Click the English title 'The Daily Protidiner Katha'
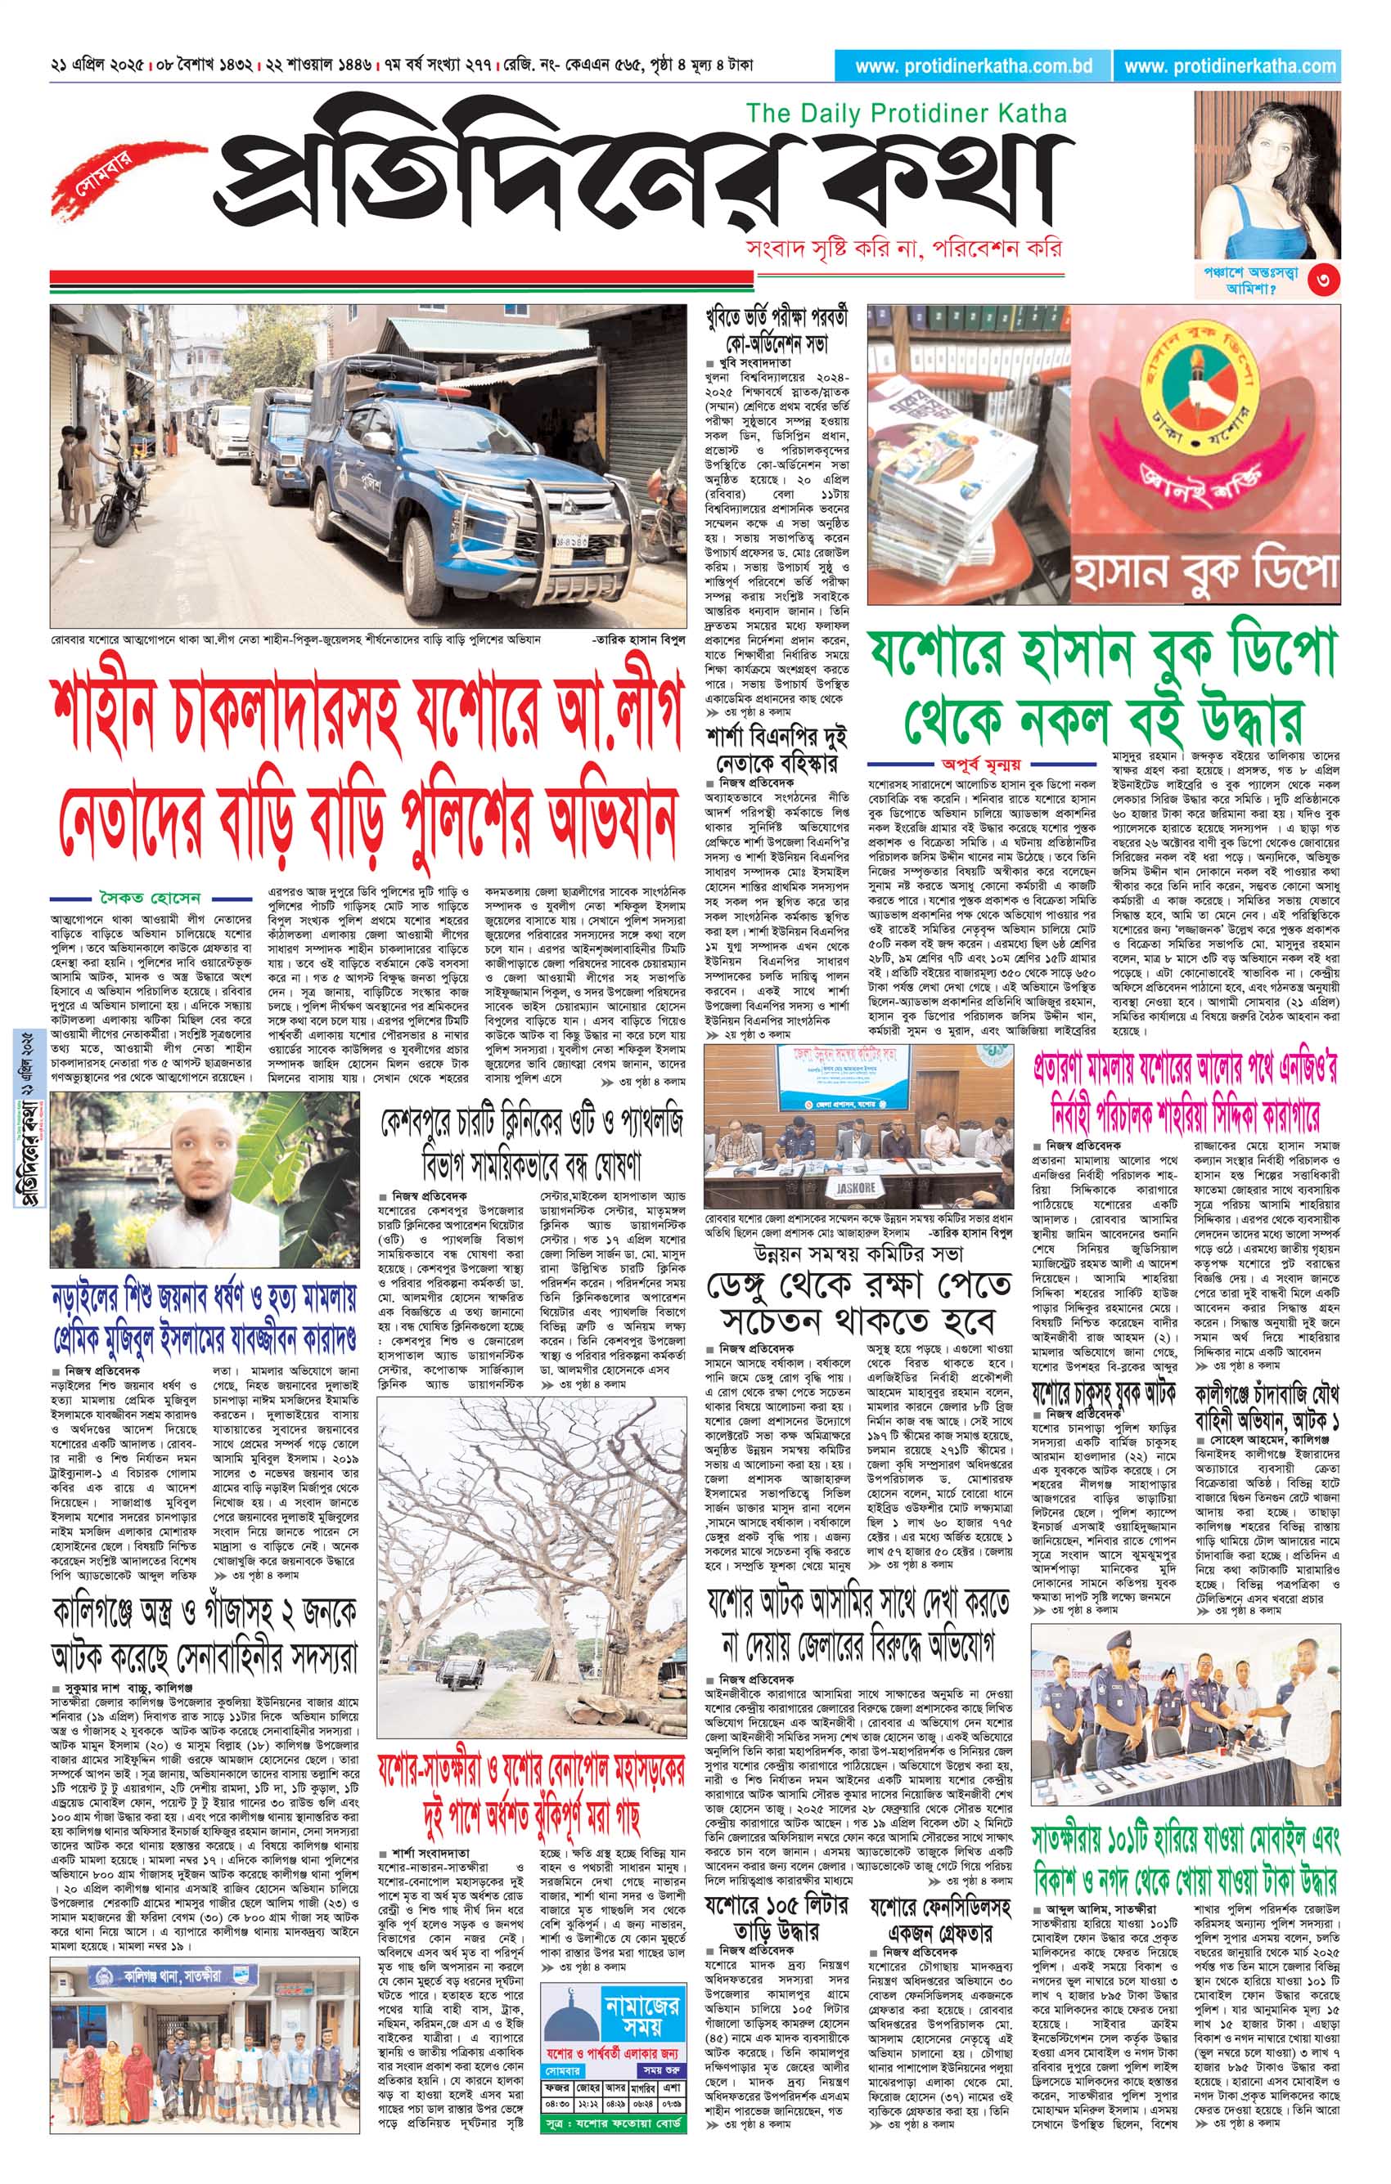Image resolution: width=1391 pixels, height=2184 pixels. click(x=906, y=114)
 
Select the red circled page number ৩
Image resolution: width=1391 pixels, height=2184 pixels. click(x=1323, y=281)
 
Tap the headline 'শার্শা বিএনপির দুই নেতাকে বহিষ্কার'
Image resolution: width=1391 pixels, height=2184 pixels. click(x=776, y=749)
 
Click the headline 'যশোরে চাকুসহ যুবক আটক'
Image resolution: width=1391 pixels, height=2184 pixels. click(x=1102, y=1393)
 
